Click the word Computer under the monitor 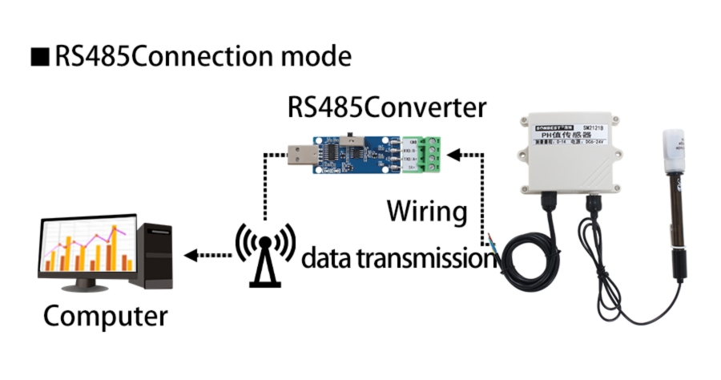click(105, 315)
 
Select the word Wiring click(426, 212)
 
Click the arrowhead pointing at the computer click(190, 256)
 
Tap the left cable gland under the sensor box click(551, 201)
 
